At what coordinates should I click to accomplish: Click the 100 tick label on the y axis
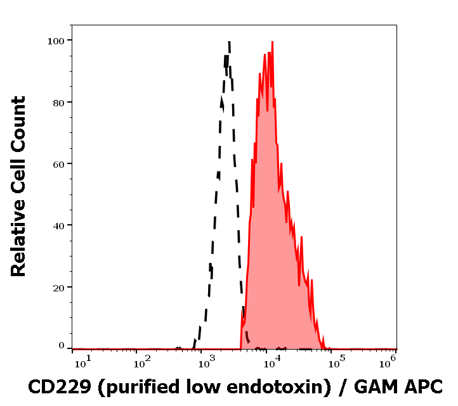coord(56,41)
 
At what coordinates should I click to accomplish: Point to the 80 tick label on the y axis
coord(58,102)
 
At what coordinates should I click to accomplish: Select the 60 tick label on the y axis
coord(58,163)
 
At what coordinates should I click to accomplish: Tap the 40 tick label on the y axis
coord(58,225)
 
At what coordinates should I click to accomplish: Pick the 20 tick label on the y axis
coord(58,287)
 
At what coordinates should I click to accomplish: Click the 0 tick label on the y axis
coord(62,346)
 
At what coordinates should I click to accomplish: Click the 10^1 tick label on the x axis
coord(82,361)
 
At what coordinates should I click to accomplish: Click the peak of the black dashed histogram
coord(228,42)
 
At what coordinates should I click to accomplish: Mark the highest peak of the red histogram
coord(272,43)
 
